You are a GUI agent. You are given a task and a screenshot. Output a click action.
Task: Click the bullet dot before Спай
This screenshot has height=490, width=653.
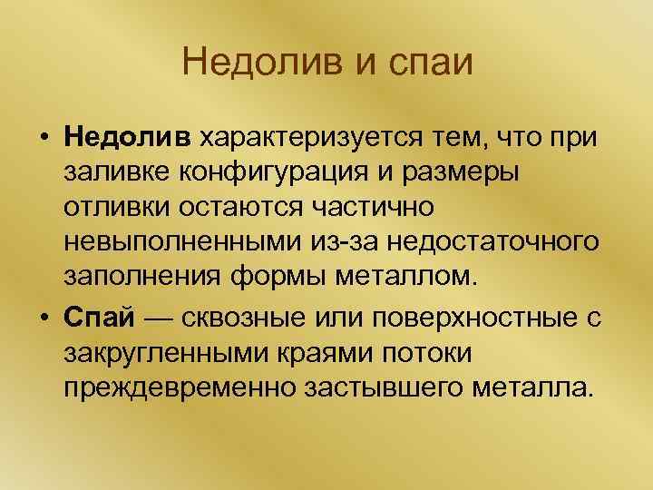pyautogui.click(x=43, y=318)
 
